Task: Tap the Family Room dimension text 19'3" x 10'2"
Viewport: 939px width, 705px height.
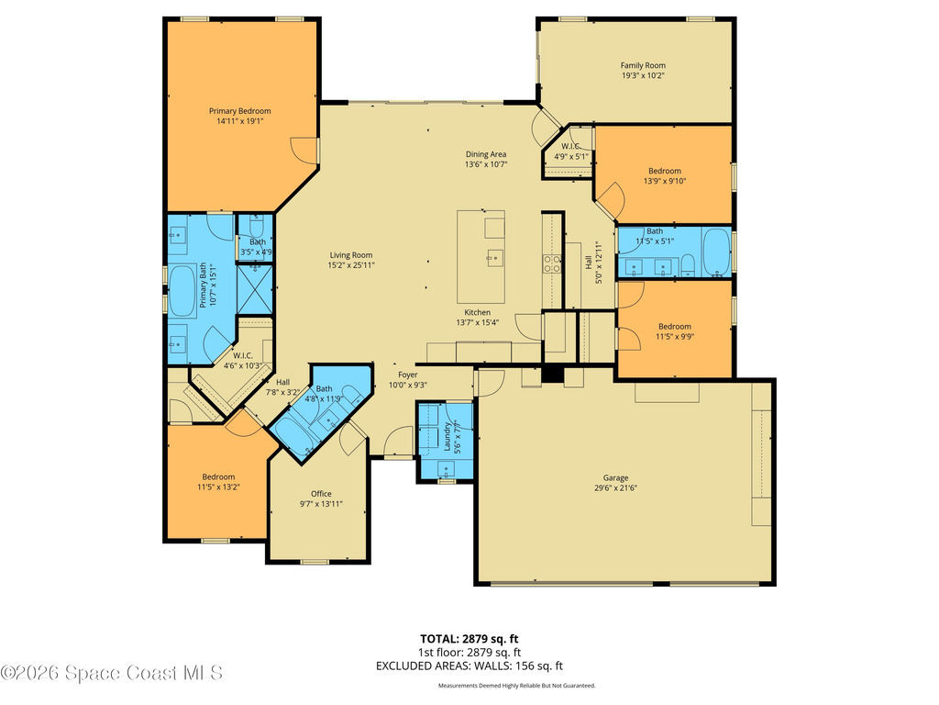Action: (x=642, y=76)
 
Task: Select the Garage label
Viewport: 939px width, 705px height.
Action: (x=615, y=477)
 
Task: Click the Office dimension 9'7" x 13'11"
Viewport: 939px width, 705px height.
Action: (x=321, y=504)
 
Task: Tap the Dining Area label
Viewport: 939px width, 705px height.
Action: (x=486, y=154)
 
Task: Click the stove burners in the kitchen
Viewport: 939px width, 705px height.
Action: (x=553, y=263)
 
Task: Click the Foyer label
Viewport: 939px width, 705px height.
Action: (x=407, y=375)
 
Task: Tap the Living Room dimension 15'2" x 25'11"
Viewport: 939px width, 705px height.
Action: (x=352, y=265)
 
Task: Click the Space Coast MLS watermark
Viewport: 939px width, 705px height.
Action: (x=111, y=673)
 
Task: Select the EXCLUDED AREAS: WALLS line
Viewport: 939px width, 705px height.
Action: (x=469, y=666)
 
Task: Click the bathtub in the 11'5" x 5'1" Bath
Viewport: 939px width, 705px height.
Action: (x=716, y=252)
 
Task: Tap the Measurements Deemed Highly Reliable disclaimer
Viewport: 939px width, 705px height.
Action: (x=516, y=686)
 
